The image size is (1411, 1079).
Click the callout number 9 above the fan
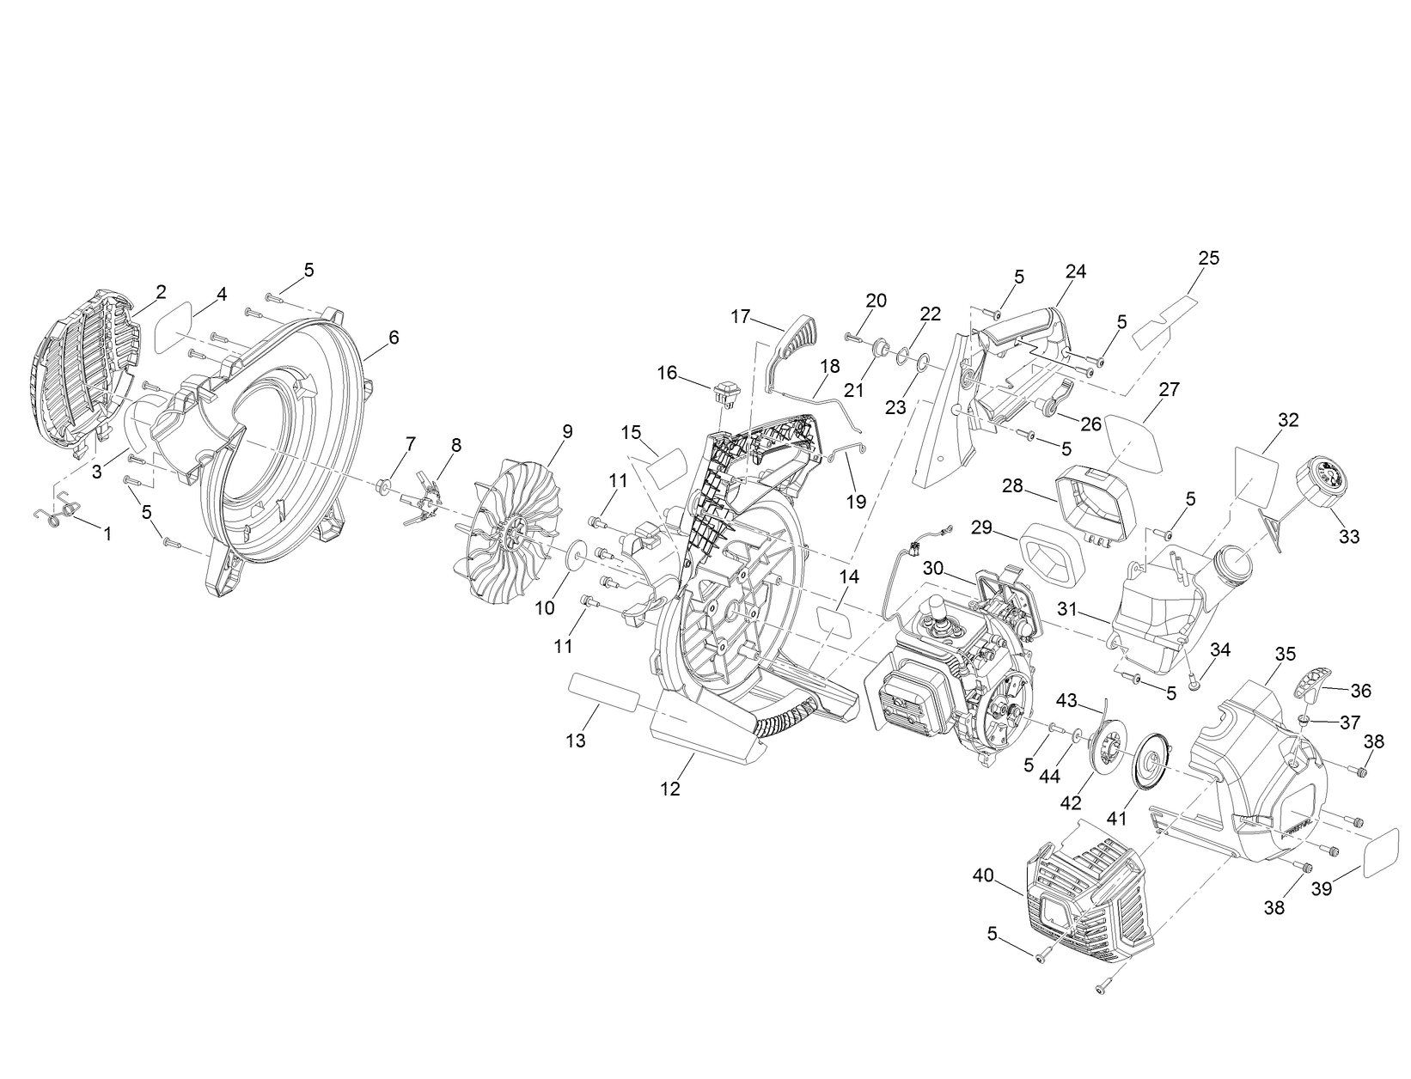tap(566, 431)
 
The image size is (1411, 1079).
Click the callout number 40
tap(984, 875)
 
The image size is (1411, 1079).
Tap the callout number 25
tap(1209, 258)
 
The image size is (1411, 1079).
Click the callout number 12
tap(670, 789)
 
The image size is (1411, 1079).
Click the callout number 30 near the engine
tap(935, 569)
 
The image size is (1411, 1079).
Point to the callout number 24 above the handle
tap(1075, 271)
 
